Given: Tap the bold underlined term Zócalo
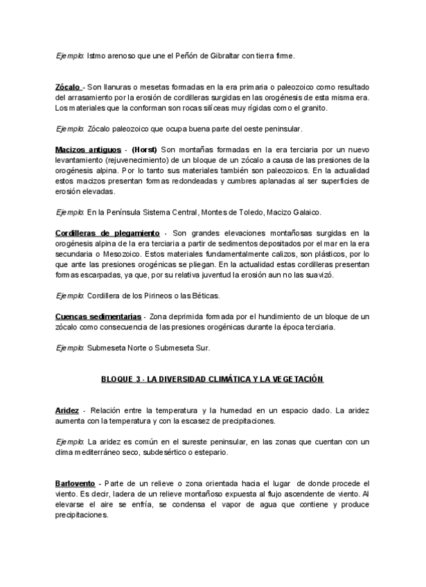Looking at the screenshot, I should [68, 87].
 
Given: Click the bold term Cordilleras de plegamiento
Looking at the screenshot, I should [107, 233].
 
